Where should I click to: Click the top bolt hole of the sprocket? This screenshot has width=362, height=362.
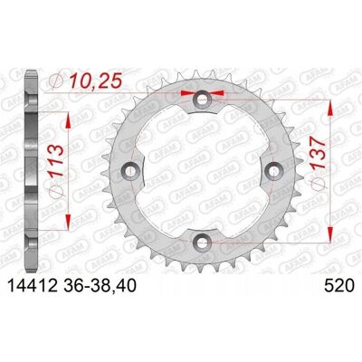point(202,100)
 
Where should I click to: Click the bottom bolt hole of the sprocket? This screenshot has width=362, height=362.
point(202,242)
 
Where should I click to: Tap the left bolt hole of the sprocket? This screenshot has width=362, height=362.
point(130,171)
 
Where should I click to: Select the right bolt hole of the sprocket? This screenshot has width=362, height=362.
point(272,171)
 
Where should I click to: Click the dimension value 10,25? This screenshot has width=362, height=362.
point(96,81)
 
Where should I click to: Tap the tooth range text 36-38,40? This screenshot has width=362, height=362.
point(100,286)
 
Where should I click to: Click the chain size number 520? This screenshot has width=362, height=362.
point(338,286)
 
